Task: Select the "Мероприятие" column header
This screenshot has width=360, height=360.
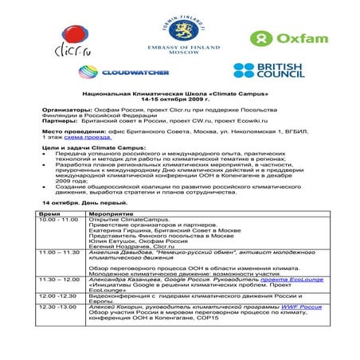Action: (105, 214)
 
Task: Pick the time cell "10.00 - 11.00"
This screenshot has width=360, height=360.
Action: (59, 220)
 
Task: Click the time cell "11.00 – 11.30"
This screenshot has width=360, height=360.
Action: (60, 252)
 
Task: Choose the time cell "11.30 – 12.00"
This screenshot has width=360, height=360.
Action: (60, 280)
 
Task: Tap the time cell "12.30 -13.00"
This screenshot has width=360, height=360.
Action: (59, 305)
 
